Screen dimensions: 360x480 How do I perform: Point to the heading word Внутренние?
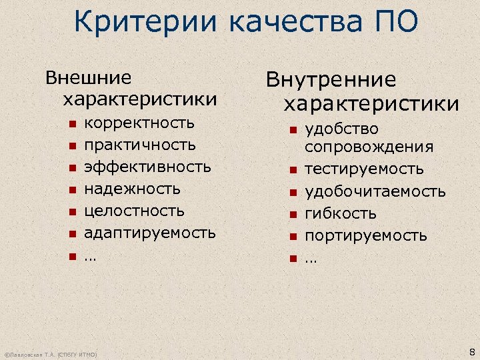[x=331, y=81]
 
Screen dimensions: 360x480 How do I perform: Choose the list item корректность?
[x=139, y=123]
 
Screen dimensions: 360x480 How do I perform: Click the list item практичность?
[x=140, y=145]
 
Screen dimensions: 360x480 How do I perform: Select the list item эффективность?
[x=147, y=167]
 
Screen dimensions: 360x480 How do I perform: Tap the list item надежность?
[x=133, y=189]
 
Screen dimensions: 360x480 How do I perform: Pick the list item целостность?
[x=134, y=211]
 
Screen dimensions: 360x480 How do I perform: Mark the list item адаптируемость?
[x=149, y=233]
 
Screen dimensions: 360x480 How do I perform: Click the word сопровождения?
[x=369, y=147]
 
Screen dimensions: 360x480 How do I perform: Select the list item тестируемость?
[x=364, y=169]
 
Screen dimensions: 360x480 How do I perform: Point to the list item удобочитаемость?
[x=375, y=192]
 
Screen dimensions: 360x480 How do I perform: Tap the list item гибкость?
[x=341, y=214]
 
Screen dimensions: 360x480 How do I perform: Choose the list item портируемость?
[x=366, y=236]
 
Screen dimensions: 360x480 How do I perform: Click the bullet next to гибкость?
[x=291, y=215]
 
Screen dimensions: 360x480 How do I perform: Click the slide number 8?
[x=472, y=352]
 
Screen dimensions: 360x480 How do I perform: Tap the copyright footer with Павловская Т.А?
[x=51, y=355]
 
